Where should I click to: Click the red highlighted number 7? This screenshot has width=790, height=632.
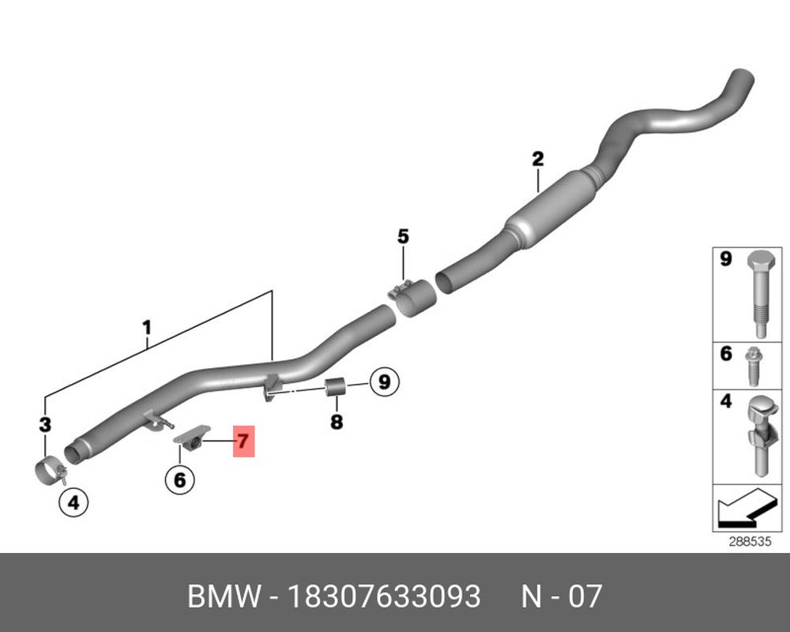(x=244, y=441)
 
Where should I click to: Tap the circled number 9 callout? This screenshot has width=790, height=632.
(x=385, y=382)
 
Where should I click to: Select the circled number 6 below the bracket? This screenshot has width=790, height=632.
(x=180, y=480)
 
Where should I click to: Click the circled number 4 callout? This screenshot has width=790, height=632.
(x=73, y=502)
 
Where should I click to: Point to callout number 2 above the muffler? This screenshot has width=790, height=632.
(x=538, y=159)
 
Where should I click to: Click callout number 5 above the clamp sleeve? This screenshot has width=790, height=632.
(x=403, y=236)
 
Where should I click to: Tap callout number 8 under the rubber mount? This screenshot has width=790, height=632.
(x=337, y=421)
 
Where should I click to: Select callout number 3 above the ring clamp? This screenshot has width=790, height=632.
(x=45, y=425)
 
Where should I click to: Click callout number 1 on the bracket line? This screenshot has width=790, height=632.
(x=147, y=328)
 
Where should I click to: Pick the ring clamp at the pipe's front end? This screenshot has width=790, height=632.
(x=51, y=471)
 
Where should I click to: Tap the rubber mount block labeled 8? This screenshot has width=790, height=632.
(x=336, y=386)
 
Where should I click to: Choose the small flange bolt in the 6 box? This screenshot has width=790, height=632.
(x=754, y=367)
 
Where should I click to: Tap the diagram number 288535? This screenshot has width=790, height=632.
(x=750, y=542)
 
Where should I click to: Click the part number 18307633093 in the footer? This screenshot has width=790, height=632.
(x=384, y=596)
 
